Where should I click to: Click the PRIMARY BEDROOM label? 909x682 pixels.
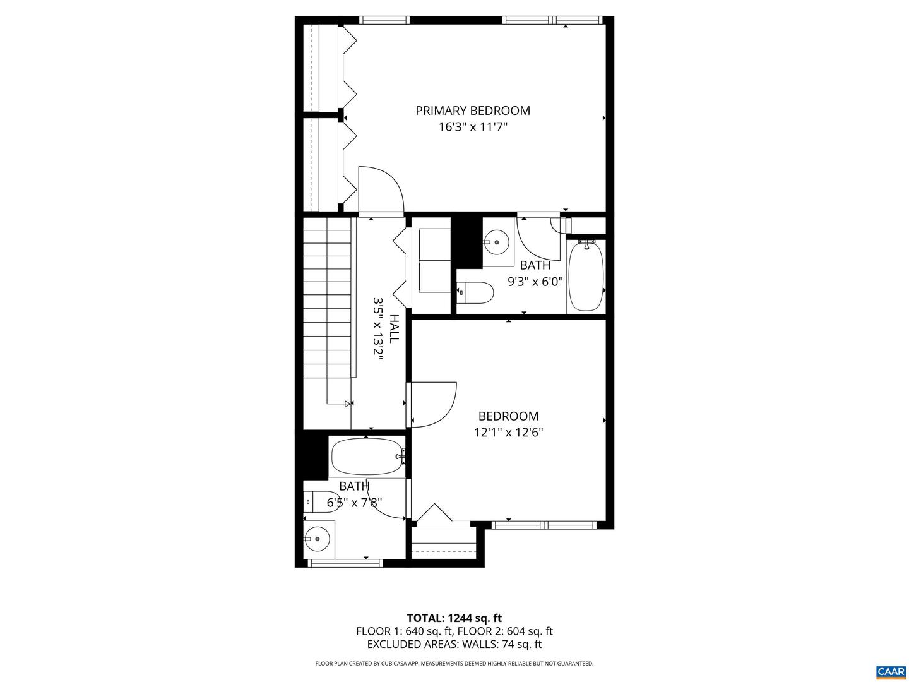coord(473,111)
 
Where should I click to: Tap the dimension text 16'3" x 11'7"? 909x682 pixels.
coord(473,127)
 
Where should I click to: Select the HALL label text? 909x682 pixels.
coord(394,328)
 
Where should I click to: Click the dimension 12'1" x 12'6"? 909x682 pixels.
coord(509,433)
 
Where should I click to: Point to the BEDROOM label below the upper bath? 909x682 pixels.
coord(508,416)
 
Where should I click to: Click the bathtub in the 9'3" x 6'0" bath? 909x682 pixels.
coord(586,275)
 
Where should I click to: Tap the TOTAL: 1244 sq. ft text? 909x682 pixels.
coord(454,618)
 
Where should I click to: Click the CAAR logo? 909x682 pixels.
coord(890,671)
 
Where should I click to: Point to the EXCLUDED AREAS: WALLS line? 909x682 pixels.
coord(454,644)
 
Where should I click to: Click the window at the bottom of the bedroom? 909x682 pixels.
coord(544,524)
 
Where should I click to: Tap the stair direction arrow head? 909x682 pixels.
coord(348,403)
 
